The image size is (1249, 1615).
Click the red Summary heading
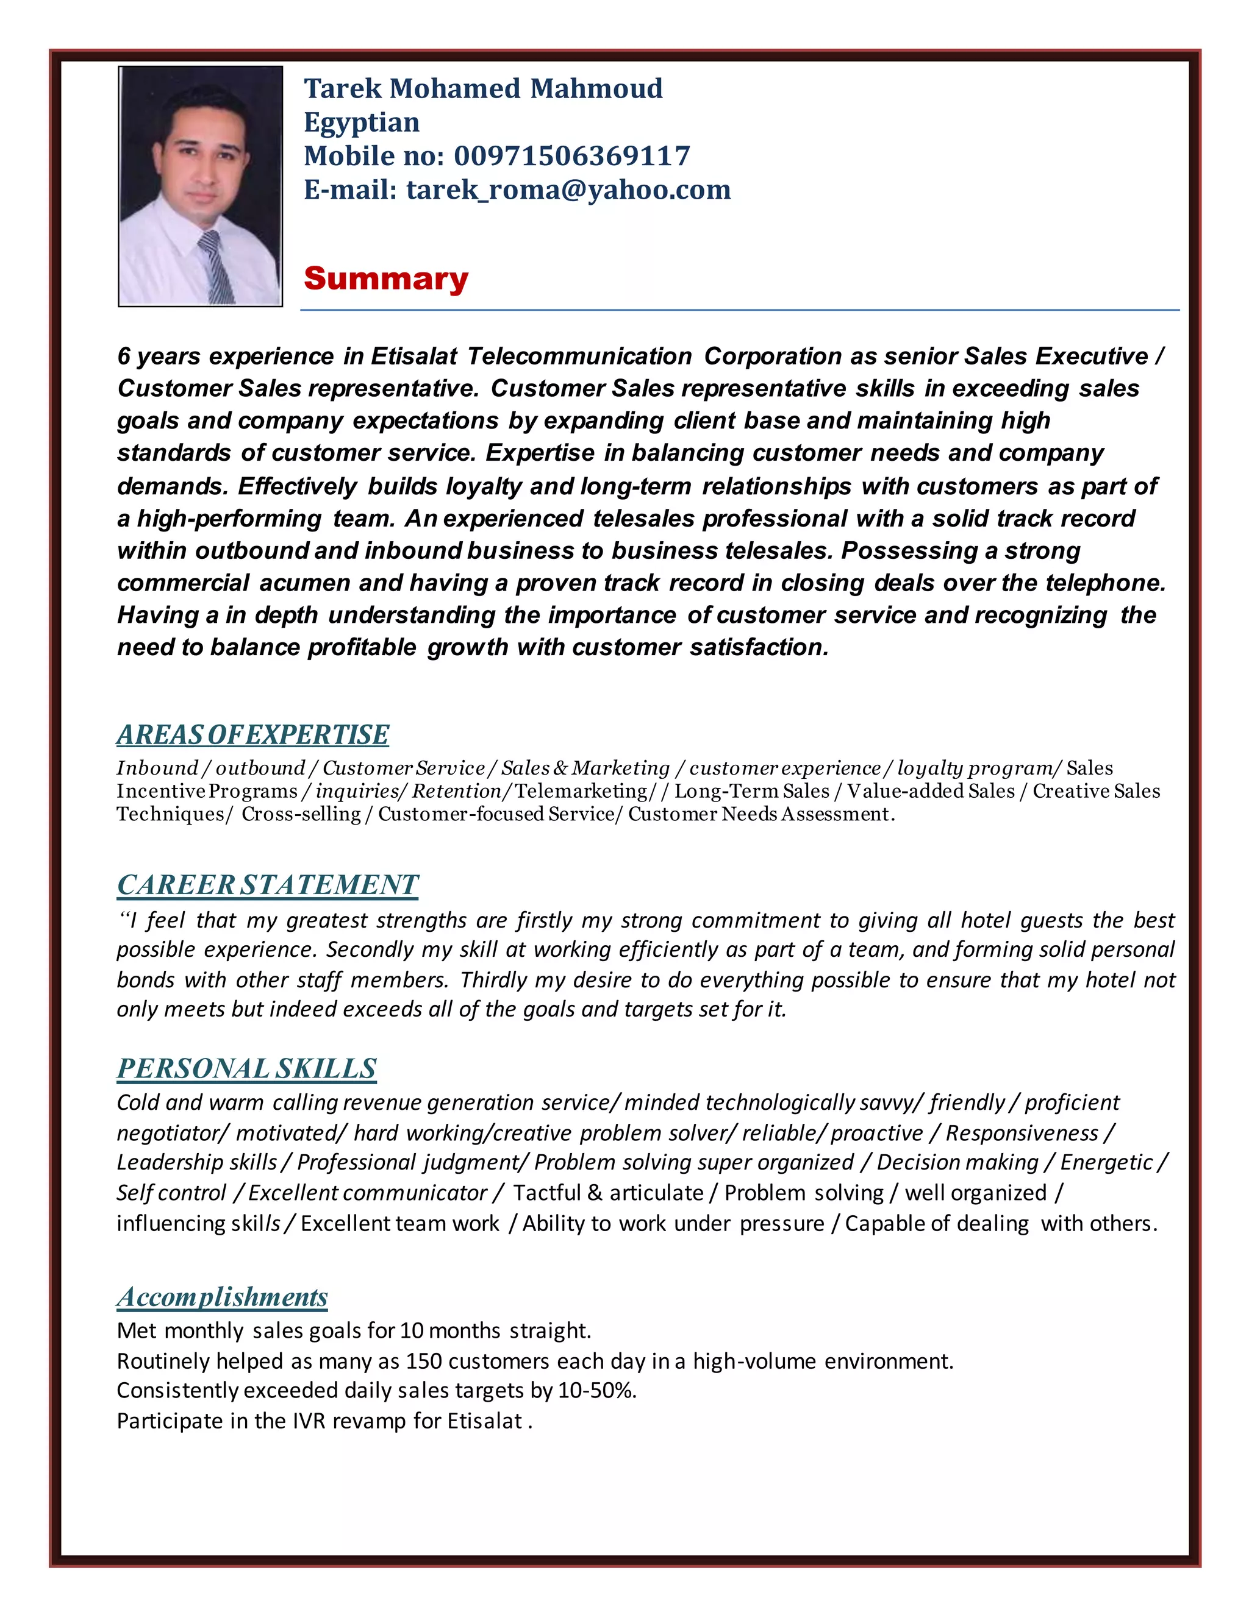pos(385,279)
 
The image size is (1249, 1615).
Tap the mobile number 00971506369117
pos(571,156)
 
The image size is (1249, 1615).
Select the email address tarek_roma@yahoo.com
pos(568,190)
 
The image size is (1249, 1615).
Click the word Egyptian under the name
pos(361,122)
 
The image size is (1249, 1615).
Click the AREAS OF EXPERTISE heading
pos(252,734)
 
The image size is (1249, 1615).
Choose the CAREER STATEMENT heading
pos(267,884)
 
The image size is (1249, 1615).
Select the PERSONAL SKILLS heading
pos(246,1068)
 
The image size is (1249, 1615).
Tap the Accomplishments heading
pos(222,1297)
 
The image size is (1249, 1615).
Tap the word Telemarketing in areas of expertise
pos(581,791)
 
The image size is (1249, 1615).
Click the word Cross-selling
pos(301,814)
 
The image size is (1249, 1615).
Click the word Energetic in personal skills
pos(1106,1162)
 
